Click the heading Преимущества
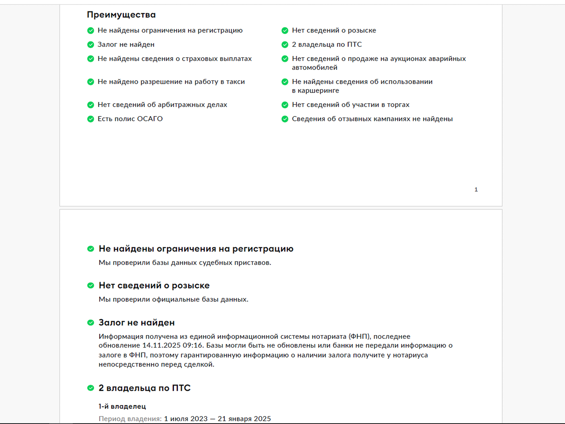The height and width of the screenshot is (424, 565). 121,15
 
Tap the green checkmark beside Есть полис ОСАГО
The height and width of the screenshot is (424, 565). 91,119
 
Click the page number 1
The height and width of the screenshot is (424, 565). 476,190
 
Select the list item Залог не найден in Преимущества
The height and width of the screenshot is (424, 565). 126,44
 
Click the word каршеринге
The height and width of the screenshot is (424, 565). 318,91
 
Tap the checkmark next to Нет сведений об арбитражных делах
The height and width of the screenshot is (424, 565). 91,105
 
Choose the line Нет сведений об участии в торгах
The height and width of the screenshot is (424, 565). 350,105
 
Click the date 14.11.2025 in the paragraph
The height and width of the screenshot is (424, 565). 161,345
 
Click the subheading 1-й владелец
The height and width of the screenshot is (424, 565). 122,406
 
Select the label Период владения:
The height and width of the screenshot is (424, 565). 130,419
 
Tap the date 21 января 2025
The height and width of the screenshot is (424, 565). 244,419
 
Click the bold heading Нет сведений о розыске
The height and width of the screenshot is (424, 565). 154,285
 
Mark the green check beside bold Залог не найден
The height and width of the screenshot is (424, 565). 91,323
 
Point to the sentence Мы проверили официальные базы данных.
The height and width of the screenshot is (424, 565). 173,299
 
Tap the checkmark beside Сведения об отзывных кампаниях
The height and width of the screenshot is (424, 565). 285,119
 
